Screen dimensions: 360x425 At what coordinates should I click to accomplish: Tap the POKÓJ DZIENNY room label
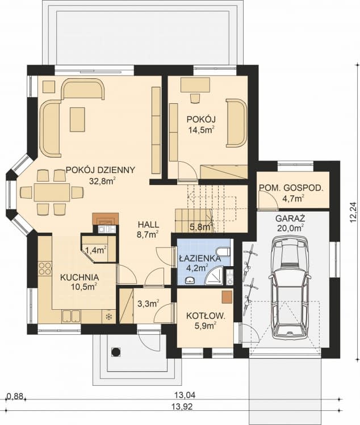tap(101, 170)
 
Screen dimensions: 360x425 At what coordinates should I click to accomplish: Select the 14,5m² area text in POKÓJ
tap(202, 130)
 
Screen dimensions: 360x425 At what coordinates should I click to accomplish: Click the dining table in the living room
tap(52, 192)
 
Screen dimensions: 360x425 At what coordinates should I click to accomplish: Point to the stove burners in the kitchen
tap(45, 268)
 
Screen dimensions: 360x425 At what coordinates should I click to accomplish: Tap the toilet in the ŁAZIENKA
tap(225, 251)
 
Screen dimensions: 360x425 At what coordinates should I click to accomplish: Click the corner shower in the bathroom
tap(214, 276)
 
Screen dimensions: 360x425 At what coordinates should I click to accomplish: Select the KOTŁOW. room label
tap(206, 315)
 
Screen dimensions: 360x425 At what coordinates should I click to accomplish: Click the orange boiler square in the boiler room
tap(227, 297)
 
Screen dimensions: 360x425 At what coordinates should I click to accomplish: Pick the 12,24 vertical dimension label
tap(353, 212)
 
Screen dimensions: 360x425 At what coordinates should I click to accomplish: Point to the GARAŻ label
tap(290, 218)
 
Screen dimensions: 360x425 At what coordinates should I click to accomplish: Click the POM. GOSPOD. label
tap(291, 188)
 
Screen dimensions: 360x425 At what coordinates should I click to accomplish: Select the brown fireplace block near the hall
tap(105, 218)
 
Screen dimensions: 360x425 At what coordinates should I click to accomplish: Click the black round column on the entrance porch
tap(116, 351)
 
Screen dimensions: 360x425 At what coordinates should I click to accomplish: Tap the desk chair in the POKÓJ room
tap(195, 98)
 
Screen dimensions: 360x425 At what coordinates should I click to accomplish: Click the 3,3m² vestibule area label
tap(148, 304)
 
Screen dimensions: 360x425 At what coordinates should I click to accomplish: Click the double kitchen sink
tap(72, 316)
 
